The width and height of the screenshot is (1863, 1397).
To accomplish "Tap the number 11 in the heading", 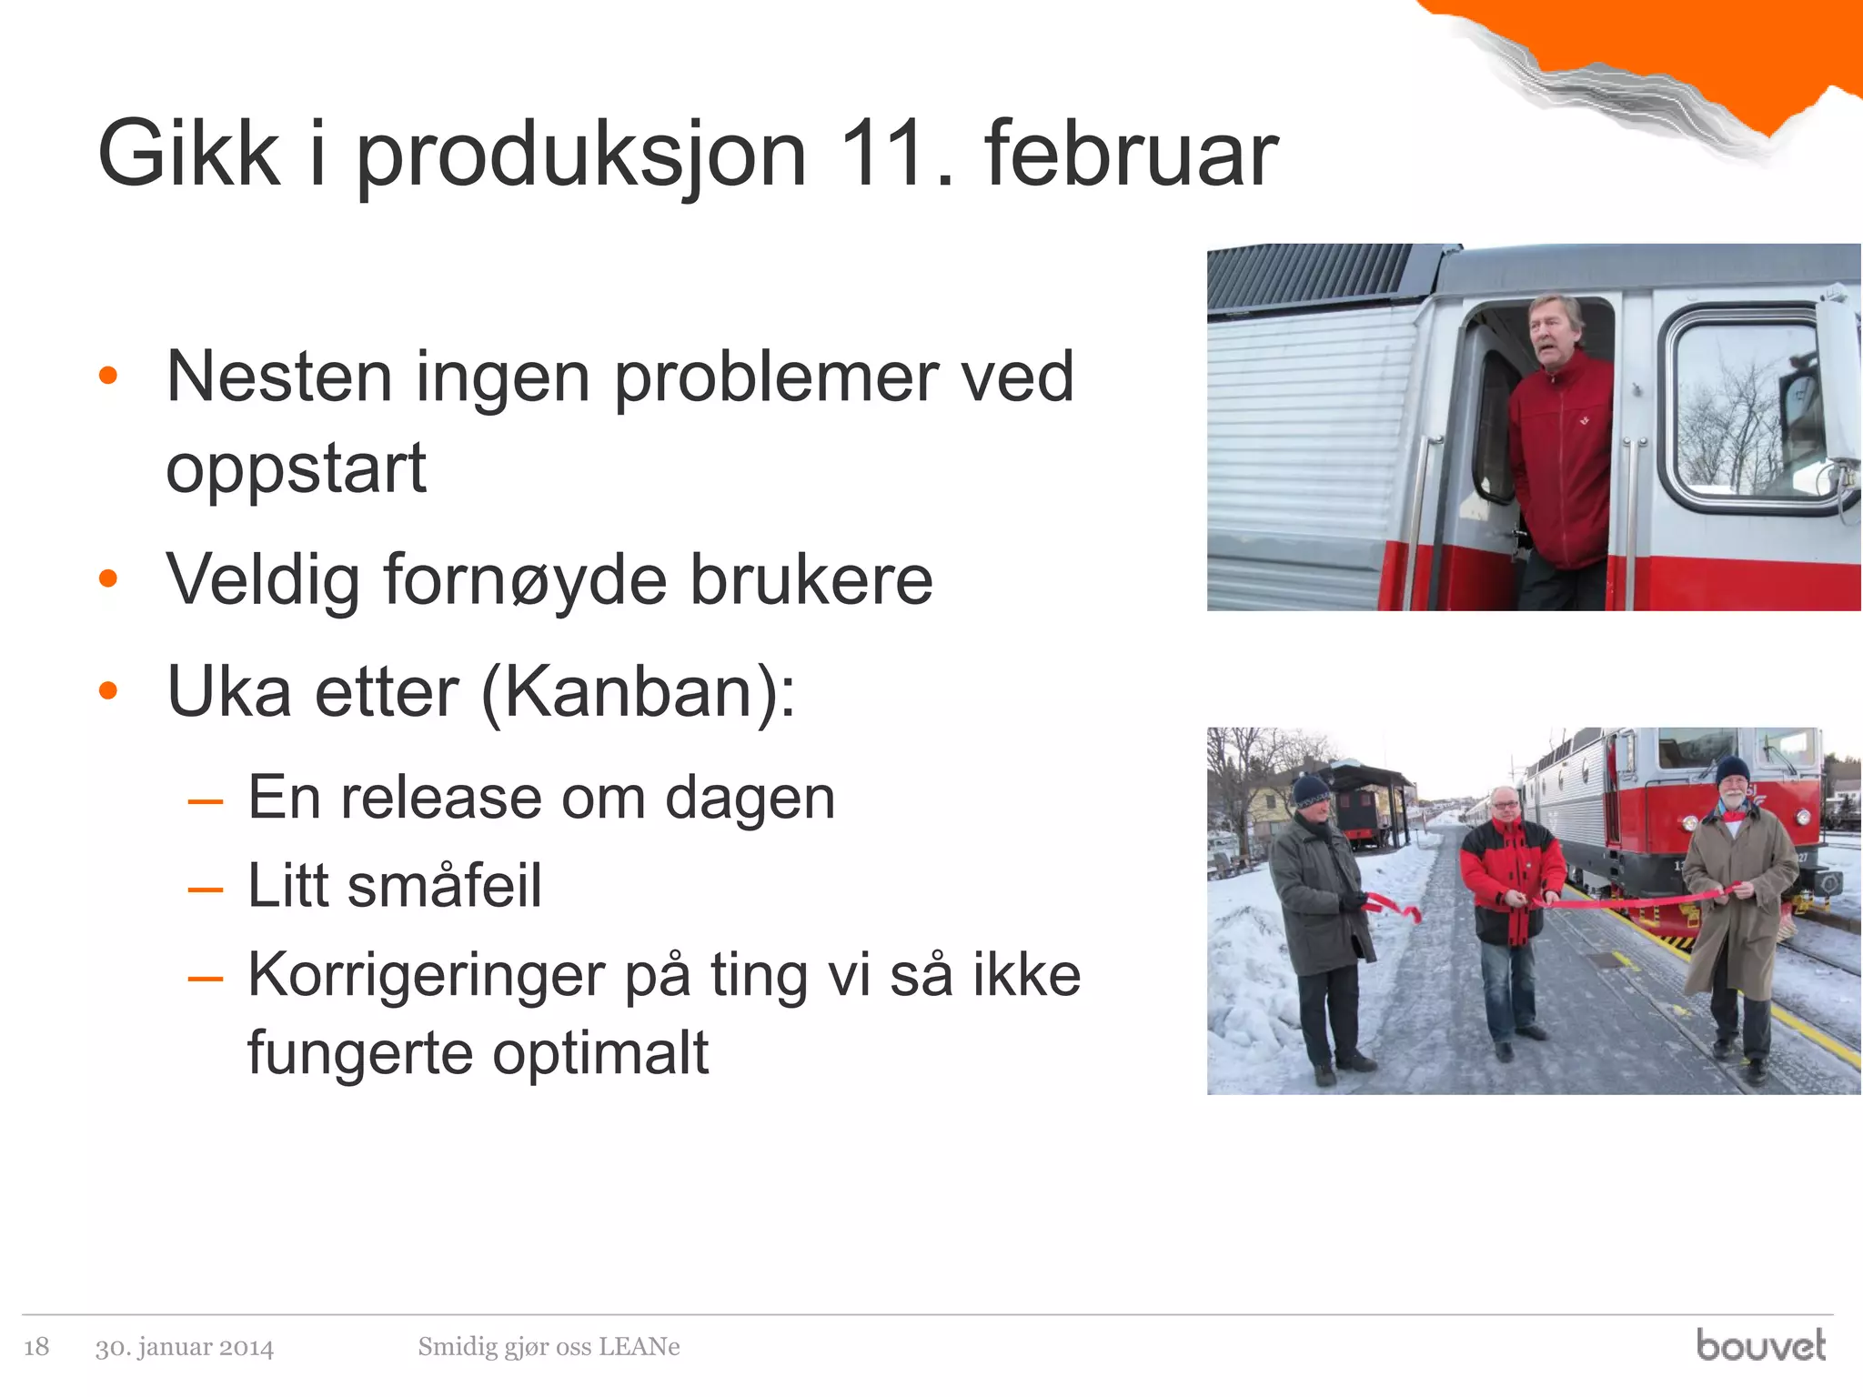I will point(882,155).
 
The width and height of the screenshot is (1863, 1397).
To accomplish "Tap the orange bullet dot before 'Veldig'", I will point(108,578).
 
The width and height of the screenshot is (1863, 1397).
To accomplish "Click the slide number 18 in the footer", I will point(36,1346).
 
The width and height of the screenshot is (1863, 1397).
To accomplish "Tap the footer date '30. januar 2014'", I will point(184,1347).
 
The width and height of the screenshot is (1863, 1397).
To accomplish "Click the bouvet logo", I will point(1760,1345).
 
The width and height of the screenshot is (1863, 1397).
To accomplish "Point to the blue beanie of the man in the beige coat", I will point(1732,769).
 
